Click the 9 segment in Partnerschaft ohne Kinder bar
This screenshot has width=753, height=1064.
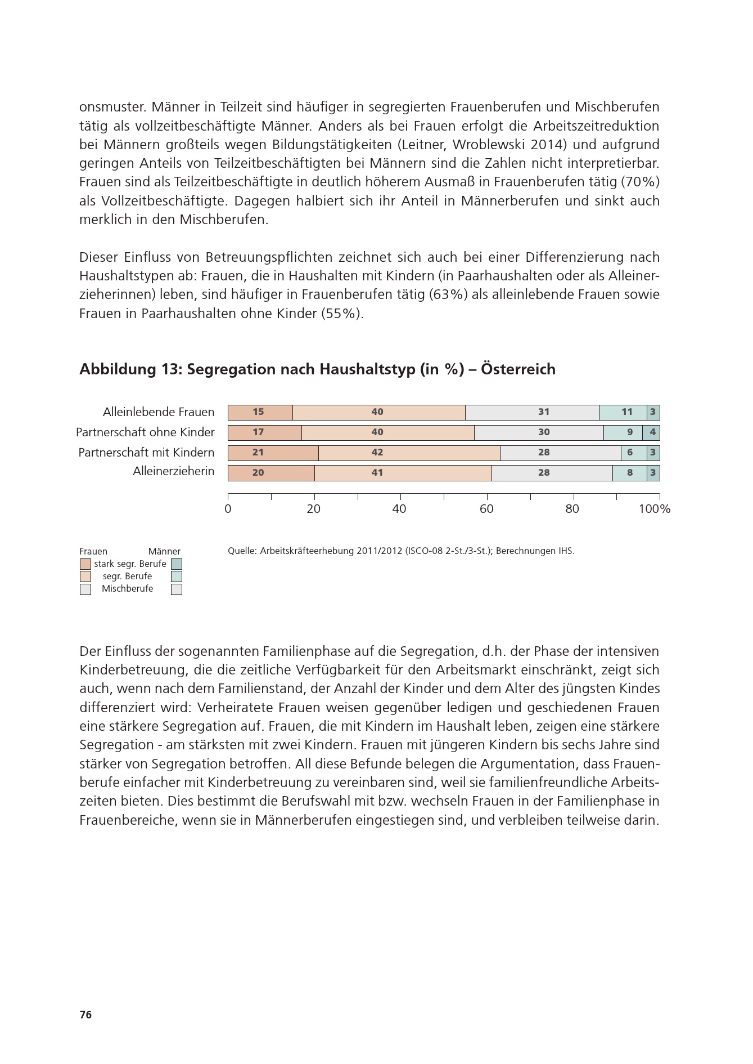[625, 432]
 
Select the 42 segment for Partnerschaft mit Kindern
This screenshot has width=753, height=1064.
[409, 453]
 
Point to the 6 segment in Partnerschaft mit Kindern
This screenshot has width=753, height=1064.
[634, 453]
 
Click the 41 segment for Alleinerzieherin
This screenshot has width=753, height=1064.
[403, 473]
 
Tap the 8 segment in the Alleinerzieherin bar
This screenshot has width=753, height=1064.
[629, 473]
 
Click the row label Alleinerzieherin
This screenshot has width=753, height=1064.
[173, 471]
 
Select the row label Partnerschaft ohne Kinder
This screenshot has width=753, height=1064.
[145, 432]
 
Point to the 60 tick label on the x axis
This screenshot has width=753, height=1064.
[486, 509]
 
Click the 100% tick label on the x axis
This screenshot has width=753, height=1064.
[655, 509]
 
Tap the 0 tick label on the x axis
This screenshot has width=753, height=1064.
[228, 509]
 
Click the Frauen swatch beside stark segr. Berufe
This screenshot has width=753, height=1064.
[85, 564]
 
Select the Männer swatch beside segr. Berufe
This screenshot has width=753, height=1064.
[177, 576]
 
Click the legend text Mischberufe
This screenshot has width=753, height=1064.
[127, 589]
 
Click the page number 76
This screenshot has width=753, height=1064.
[85, 1015]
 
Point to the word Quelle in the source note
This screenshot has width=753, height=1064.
[242, 551]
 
